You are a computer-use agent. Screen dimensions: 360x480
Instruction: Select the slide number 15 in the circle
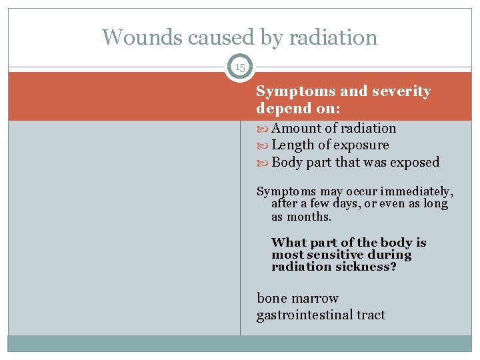click(240, 67)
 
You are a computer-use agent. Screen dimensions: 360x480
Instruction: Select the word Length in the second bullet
click(293, 145)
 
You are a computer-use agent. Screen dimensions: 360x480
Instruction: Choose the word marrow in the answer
click(315, 298)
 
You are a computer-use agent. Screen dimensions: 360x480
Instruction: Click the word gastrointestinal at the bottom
click(303, 315)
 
